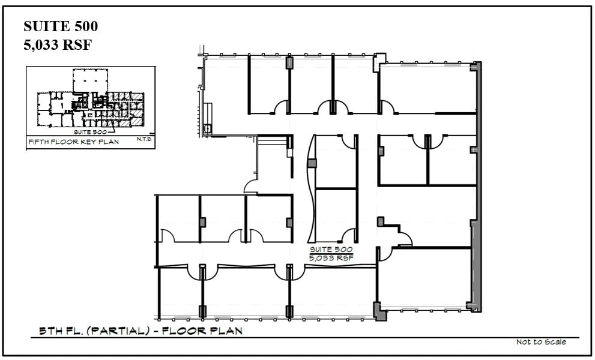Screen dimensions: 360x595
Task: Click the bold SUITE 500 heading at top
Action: point(60,26)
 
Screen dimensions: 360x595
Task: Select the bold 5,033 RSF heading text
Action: point(57,45)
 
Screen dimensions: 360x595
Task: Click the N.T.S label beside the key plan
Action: point(143,139)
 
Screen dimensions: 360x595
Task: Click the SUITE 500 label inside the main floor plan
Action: point(330,249)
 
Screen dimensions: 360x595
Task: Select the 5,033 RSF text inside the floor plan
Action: point(331,257)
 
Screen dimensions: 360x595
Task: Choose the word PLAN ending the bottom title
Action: point(225,331)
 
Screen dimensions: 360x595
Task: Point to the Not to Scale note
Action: point(541,342)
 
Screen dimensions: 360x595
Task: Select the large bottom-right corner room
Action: point(425,279)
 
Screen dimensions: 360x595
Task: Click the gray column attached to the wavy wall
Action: point(311,163)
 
